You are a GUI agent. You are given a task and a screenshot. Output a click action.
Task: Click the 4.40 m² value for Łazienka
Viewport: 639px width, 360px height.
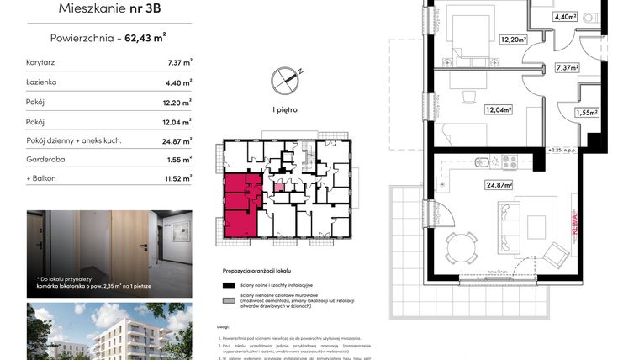[x=177, y=82]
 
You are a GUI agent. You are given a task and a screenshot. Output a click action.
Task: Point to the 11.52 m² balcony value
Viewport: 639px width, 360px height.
[x=177, y=178]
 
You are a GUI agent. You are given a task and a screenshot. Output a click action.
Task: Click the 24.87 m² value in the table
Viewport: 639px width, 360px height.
[x=177, y=140]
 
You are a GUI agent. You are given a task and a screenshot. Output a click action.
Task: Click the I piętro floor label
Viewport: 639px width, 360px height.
[x=284, y=109]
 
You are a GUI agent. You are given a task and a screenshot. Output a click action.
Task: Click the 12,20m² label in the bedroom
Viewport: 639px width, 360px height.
[x=513, y=39]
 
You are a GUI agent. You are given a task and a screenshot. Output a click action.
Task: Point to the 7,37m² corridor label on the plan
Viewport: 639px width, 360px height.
[x=568, y=67]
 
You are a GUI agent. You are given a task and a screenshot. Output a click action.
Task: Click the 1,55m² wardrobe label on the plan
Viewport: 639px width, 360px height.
[x=587, y=113]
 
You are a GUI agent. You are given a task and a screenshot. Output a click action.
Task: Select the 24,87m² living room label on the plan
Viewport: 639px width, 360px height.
[x=498, y=185]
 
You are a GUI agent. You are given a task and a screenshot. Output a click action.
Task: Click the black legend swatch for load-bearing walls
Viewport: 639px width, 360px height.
[x=228, y=286]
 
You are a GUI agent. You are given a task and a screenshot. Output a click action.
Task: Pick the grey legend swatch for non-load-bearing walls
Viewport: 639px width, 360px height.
[x=228, y=301]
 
